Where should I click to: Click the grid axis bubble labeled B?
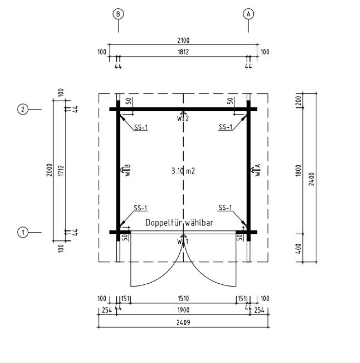coord(118,14)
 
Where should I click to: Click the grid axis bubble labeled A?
coord(248,14)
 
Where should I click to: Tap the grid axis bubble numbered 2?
coord(23,109)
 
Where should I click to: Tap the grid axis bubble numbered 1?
coord(23,232)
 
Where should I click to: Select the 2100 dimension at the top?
coord(183,41)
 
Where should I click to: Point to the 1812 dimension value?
coord(183,52)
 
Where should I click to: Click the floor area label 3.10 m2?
coord(183,171)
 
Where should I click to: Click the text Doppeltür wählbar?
coord(179,223)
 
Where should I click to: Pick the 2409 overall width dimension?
coord(183,322)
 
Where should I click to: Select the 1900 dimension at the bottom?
coord(183,310)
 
